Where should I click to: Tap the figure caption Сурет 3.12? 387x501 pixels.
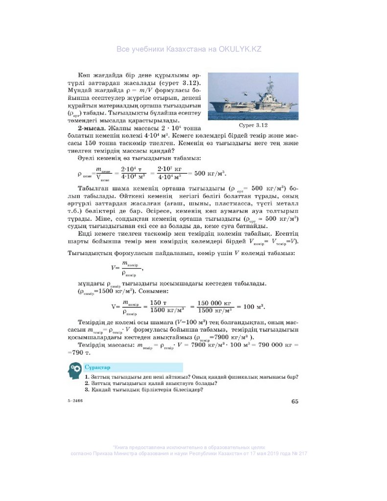click(252, 126)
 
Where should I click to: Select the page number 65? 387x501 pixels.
click(295, 402)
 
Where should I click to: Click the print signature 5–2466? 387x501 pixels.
click(75, 401)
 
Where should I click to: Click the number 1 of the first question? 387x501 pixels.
click(86, 377)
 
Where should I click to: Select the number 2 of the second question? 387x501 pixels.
click(86, 383)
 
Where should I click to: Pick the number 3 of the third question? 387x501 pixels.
click(86, 390)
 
